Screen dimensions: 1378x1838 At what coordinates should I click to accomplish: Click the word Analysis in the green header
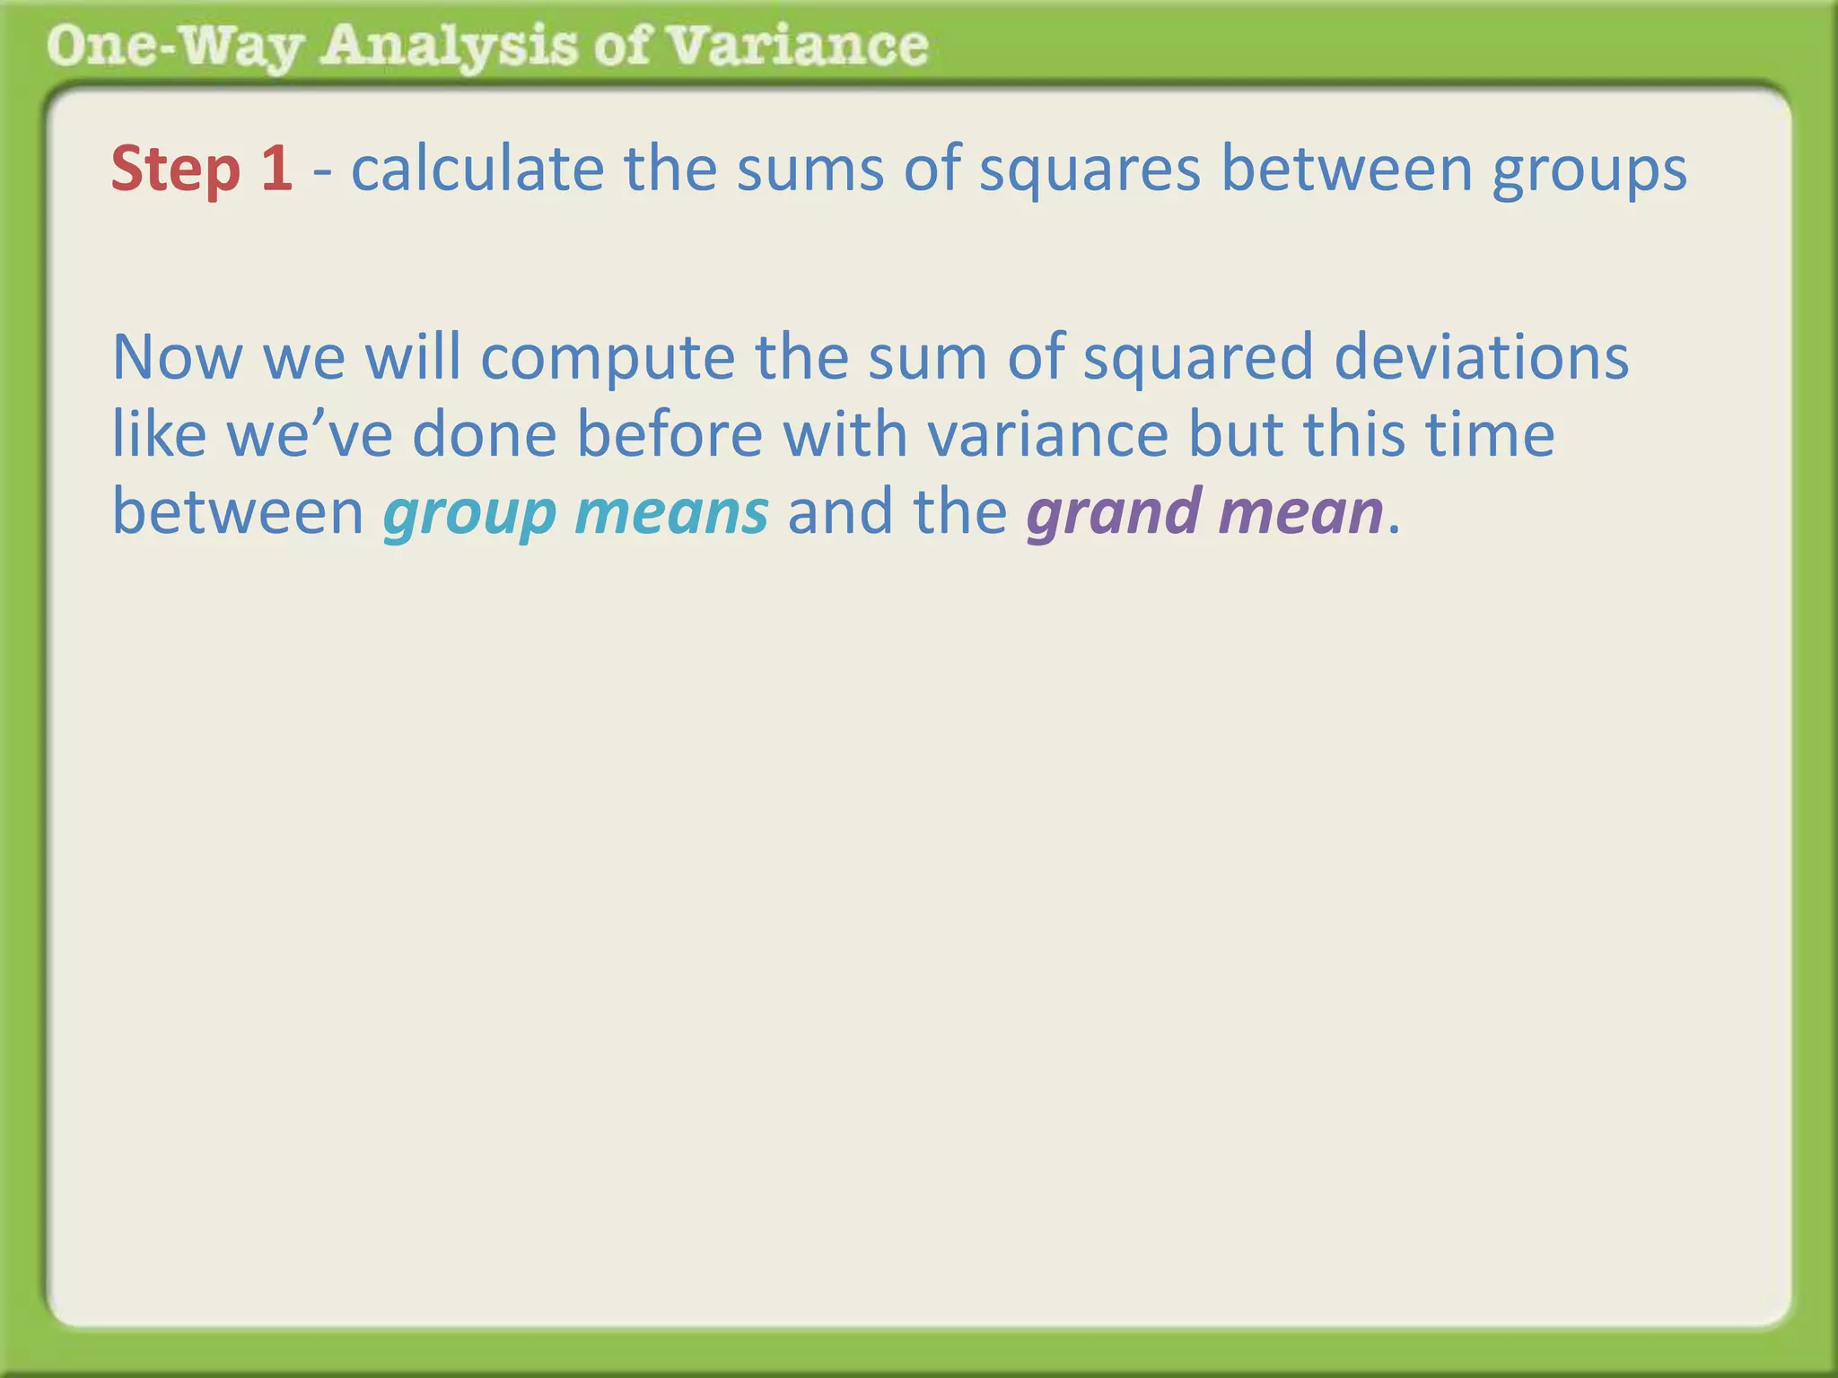tap(448, 47)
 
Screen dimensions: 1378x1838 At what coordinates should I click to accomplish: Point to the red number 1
tap(276, 169)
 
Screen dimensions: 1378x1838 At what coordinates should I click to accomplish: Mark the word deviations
tap(1481, 357)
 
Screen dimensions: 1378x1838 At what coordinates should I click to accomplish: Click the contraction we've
tap(309, 435)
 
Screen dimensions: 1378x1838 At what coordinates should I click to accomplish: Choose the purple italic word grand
tap(1114, 513)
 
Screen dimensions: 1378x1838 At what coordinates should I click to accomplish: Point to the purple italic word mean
tap(1301, 513)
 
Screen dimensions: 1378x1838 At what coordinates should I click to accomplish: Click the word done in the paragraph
tap(485, 434)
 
